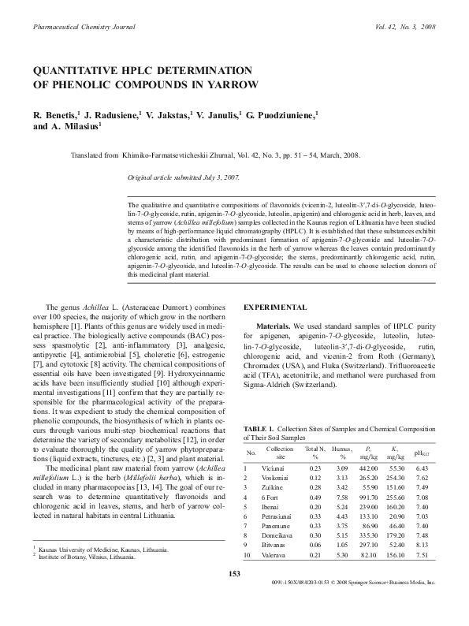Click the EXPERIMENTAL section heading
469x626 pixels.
[x=275, y=306]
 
